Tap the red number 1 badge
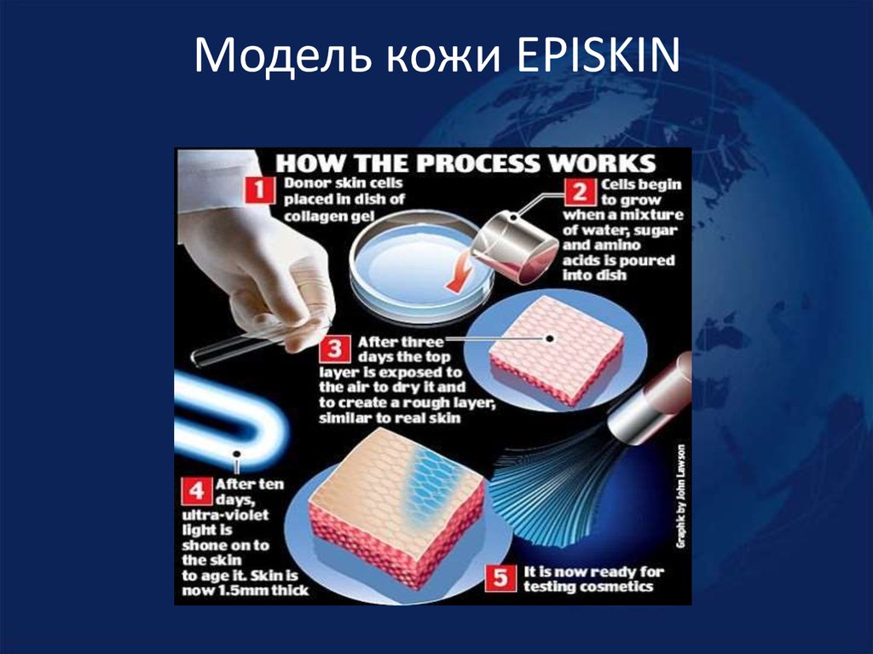point(258,192)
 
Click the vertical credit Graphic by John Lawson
point(680,495)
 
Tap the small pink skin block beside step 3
point(554,350)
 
